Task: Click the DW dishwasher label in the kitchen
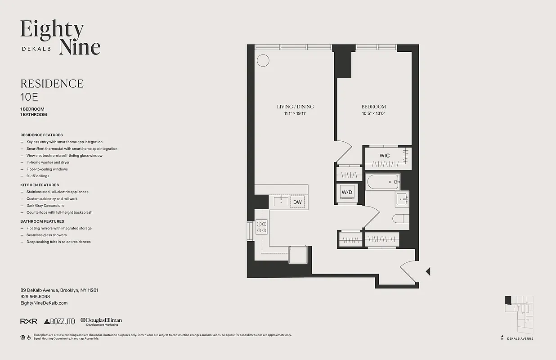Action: (x=297, y=202)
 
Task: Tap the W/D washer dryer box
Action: (x=347, y=193)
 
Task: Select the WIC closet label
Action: (x=384, y=156)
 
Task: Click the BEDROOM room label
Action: (x=373, y=107)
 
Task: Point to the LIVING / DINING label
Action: (x=295, y=107)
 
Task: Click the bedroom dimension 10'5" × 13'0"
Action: (x=373, y=113)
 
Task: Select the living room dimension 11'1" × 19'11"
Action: (x=295, y=113)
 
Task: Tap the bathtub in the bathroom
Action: (x=383, y=182)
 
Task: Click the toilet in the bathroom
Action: (x=400, y=219)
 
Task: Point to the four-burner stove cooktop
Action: (x=261, y=226)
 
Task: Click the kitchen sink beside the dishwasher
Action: (x=281, y=201)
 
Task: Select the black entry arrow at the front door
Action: (x=428, y=271)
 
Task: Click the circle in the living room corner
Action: (x=263, y=60)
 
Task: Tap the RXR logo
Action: (x=29, y=321)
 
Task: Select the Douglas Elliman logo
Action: (x=101, y=321)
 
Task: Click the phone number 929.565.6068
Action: (x=35, y=297)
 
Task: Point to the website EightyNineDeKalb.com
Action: (x=44, y=303)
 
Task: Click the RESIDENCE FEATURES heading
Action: (x=41, y=135)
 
